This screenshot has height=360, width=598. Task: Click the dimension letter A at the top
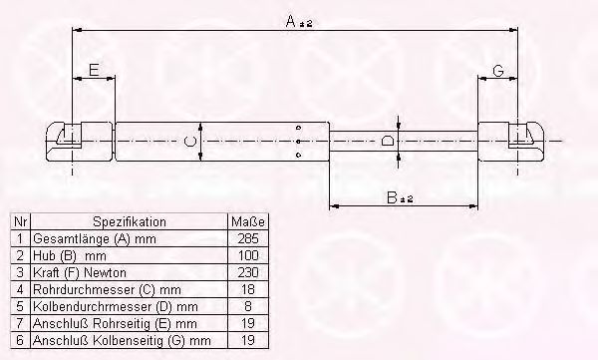pos(291,21)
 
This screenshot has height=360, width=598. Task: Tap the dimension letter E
pos(94,70)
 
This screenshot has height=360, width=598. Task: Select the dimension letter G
pos(498,71)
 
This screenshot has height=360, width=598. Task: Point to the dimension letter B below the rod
pos(392,197)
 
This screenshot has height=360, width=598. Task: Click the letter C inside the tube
pos(190,142)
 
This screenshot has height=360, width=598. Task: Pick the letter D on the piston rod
pos(387,141)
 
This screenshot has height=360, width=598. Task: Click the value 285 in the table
pos(248,238)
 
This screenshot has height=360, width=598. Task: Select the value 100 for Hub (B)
pos(248,255)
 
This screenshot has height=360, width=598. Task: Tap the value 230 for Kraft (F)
pos(248,272)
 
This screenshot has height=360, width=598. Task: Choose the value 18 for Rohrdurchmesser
pos(248,289)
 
